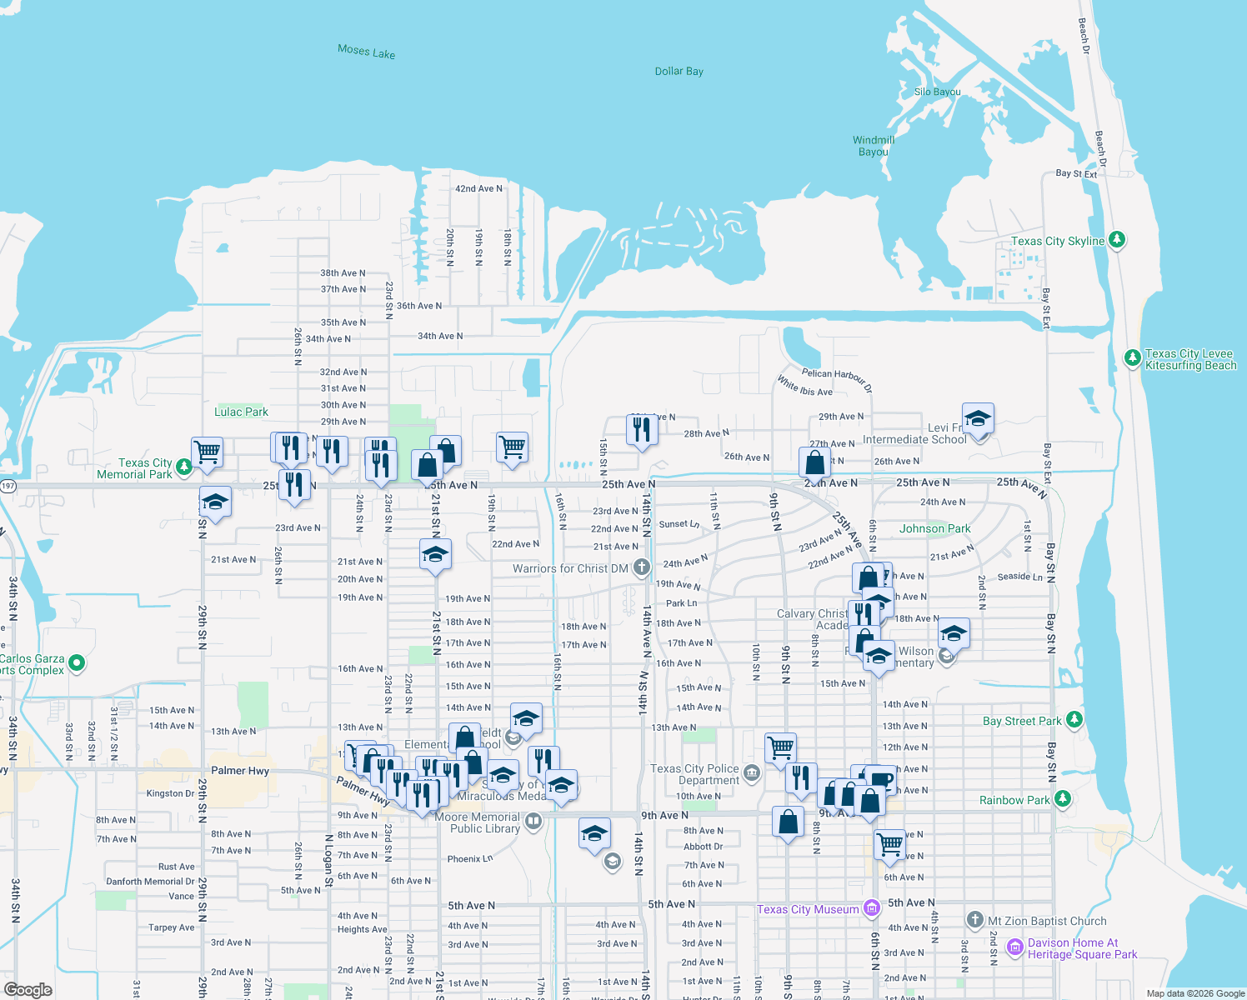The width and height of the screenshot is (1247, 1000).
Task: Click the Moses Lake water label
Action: (x=367, y=52)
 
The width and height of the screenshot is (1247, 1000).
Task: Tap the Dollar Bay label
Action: (x=679, y=72)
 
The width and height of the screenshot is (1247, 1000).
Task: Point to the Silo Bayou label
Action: (x=937, y=92)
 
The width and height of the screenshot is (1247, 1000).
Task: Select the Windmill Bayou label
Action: (x=874, y=146)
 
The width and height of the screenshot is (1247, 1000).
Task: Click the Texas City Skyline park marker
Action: (x=1117, y=240)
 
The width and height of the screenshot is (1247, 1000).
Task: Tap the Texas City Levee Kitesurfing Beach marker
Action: (x=1132, y=358)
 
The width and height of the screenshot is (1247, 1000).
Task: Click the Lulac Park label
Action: (x=241, y=412)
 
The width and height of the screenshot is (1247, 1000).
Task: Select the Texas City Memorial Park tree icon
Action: (x=184, y=467)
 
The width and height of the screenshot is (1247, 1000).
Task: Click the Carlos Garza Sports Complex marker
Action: (x=77, y=663)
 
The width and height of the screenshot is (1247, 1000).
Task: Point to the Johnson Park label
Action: (x=934, y=528)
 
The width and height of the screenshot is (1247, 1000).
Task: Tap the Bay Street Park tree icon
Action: (x=1074, y=719)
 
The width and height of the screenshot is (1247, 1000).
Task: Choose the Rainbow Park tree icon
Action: (x=1062, y=799)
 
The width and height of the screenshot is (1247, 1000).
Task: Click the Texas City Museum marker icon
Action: (x=872, y=908)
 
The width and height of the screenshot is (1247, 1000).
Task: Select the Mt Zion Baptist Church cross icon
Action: (x=974, y=920)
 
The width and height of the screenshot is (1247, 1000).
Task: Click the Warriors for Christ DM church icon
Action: (x=641, y=567)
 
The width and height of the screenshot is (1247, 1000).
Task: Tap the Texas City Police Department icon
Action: (x=752, y=773)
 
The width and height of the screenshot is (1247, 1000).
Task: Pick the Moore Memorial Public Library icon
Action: (x=533, y=822)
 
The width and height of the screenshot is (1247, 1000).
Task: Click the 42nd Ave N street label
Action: (x=478, y=189)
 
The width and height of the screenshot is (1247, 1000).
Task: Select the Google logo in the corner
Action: (x=28, y=990)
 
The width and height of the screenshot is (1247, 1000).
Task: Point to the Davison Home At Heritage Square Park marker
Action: (x=1014, y=947)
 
